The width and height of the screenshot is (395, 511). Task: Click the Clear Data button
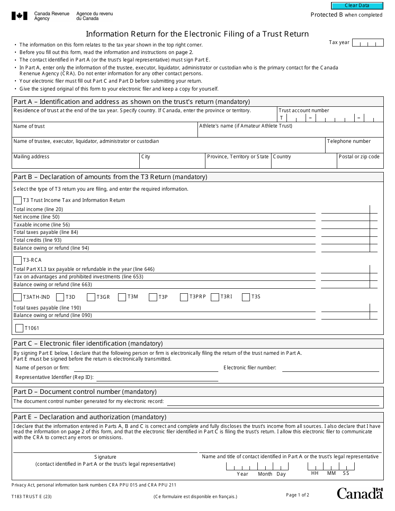tap(357, 5)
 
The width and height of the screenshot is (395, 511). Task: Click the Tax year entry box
tap(368, 42)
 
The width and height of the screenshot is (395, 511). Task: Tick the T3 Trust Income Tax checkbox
tap(17, 200)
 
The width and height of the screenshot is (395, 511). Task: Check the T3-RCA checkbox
tap(17, 260)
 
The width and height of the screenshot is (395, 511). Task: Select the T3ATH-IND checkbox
tap(17, 297)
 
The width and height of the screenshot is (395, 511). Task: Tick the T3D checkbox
tap(60, 297)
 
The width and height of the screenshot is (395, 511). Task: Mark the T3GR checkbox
tap(91, 297)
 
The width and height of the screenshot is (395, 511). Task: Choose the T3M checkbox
tap(122, 297)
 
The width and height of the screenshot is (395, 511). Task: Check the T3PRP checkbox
tap(184, 297)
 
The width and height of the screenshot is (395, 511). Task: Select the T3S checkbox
tap(246, 297)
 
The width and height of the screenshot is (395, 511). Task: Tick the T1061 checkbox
tap(19, 328)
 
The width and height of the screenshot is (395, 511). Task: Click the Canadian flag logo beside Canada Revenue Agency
tap(20, 16)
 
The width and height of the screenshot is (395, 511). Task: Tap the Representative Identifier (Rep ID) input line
tap(157, 378)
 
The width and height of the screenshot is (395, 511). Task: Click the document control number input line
tap(273, 402)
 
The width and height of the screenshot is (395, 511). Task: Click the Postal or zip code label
tap(359, 157)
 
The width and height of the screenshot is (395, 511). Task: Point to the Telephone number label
tap(348, 141)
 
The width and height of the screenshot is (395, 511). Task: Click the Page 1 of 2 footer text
tap(298, 495)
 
